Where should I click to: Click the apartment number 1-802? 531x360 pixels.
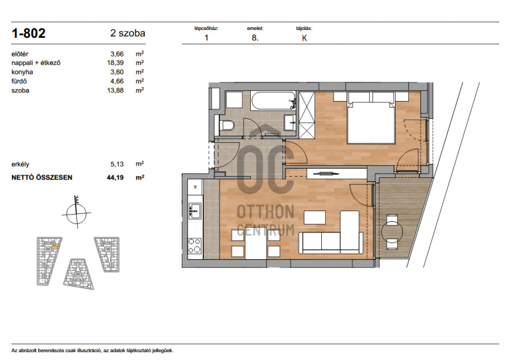point(29,33)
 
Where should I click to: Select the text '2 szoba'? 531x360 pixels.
point(127,33)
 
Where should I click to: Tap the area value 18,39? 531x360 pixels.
point(115,62)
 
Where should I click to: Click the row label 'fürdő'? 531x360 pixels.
point(19,81)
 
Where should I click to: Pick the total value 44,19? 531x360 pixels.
point(115,177)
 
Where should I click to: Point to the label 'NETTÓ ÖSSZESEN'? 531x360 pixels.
point(42,177)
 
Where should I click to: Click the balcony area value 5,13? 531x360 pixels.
point(117,164)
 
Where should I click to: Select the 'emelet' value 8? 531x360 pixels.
point(255,38)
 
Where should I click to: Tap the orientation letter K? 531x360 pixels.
point(305,38)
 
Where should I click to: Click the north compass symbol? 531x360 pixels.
point(76,213)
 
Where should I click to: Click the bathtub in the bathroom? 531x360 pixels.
point(273,100)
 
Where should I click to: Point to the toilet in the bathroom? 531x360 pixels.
point(227,125)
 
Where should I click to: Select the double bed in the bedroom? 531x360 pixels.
point(371,118)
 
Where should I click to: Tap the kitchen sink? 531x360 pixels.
point(195,210)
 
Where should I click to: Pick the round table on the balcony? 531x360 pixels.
point(392,232)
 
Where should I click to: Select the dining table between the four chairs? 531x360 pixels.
point(256,243)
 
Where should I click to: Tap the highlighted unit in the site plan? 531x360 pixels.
point(56,246)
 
